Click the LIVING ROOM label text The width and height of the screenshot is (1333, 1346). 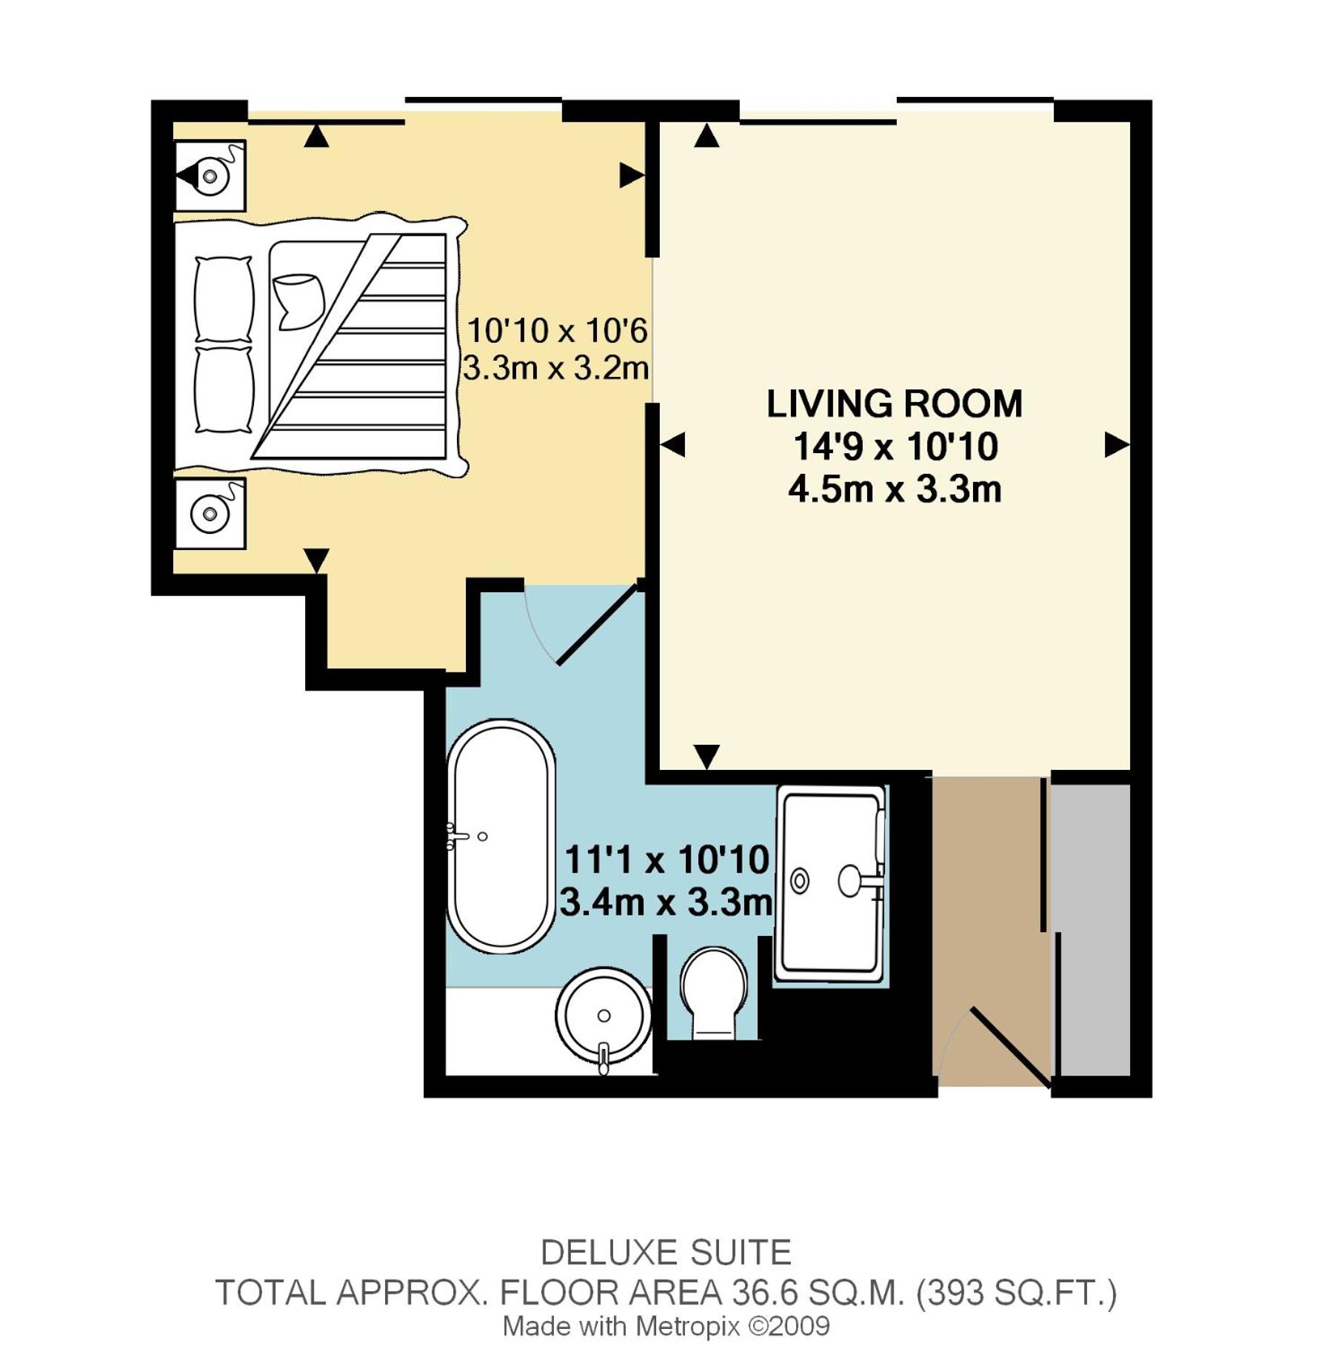tap(894, 404)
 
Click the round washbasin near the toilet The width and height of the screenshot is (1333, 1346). tap(604, 1016)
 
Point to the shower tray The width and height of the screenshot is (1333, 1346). tap(830, 885)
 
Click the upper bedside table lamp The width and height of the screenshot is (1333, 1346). tap(210, 176)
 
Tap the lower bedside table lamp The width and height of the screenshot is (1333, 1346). tap(210, 513)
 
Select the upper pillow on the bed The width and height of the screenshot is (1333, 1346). tap(223, 299)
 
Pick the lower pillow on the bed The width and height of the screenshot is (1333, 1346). tap(223, 389)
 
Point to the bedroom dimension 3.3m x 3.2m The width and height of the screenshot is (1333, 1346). tap(556, 368)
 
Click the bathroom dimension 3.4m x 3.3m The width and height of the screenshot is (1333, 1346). tap(666, 903)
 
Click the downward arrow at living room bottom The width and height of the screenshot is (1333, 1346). tap(706, 757)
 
